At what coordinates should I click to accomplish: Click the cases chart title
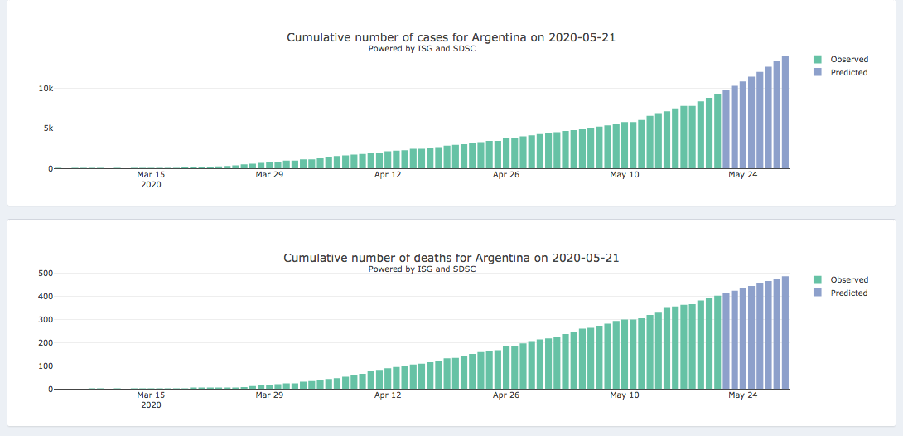point(451,37)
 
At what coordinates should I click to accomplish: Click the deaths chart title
point(451,258)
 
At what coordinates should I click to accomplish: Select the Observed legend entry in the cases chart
point(848,60)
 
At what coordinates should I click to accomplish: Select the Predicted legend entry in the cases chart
point(848,73)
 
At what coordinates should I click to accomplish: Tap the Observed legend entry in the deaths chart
point(848,280)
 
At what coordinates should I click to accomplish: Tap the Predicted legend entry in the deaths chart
point(848,293)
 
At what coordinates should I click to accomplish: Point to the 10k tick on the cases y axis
point(43,89)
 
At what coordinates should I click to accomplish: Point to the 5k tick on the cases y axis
point(46,128)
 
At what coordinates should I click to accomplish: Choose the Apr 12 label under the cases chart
point(387,175)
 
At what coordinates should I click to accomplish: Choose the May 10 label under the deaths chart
point(624,395)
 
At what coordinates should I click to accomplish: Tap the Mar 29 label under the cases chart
point(268,175)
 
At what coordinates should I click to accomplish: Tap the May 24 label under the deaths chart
point(742,395)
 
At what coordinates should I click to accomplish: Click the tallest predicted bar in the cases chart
point(785,112)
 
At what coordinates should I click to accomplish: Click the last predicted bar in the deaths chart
point(785,332)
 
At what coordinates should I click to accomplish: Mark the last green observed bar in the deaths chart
point(717,342)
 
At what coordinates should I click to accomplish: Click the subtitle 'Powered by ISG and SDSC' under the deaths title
point(422,269)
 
